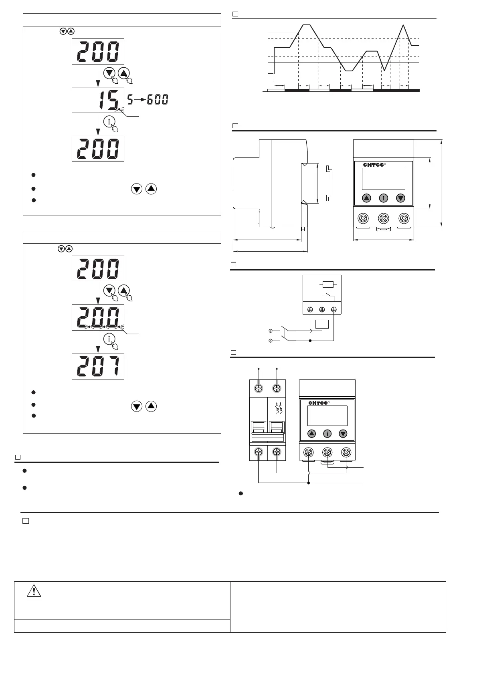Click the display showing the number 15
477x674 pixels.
click(98, 100)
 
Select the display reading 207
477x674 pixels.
click(98, 366)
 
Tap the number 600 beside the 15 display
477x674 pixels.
click(158, 99)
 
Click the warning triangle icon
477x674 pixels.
click(34, 591)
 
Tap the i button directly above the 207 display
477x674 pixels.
click(109, 339)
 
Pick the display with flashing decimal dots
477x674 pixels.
click(98, 317)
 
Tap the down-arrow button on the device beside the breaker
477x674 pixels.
click(343, 434)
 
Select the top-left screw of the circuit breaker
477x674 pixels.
click(259, 388)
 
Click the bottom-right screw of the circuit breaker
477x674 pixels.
click(277, 452)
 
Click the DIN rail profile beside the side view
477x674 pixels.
click(329, 182)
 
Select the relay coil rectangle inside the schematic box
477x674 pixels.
click(328, 285)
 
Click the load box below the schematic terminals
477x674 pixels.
click(322, 324)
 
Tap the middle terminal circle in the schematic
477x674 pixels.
click(322, 310)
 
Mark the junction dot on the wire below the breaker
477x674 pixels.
click(308, 483)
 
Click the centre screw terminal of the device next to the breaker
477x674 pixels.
click(327, 452)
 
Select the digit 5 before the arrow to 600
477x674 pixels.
click(130, 99)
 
